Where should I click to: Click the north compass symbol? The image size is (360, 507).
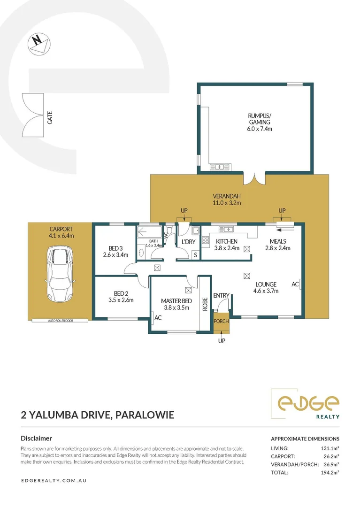pos(39,43)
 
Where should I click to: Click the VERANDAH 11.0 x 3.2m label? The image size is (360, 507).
pos(226,200)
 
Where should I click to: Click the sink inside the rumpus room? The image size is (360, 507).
pos(220,166)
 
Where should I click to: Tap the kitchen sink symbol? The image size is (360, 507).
pos(227,229)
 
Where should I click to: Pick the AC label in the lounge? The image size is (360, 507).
pos(295,284)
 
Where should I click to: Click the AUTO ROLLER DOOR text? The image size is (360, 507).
pos(61,321)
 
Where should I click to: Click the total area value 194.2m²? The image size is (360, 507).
pos(329,472)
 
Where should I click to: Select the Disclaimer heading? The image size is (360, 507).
pos(36,438)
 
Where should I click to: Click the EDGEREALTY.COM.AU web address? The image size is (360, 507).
pos(54,481)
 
